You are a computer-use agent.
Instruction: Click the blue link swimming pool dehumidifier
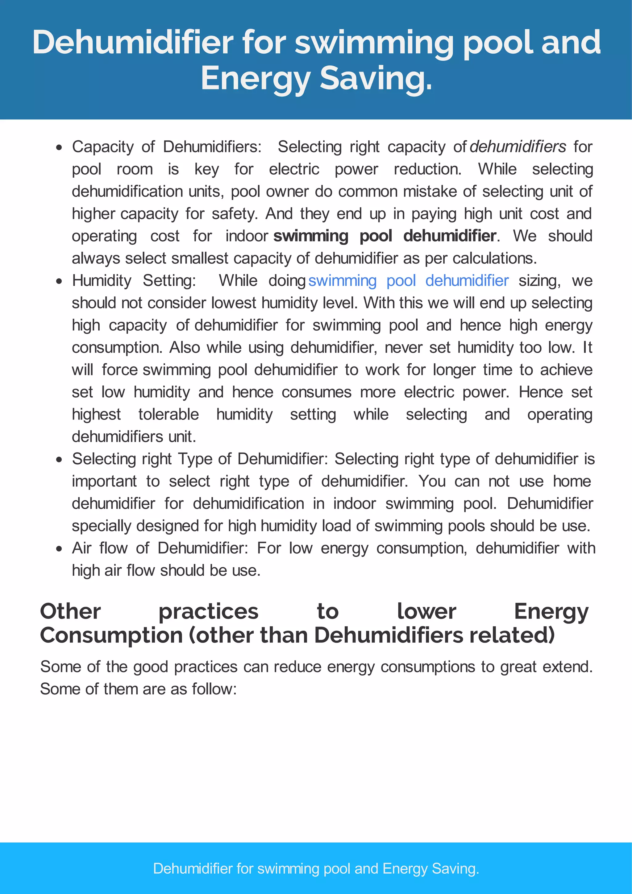tap(408, 281)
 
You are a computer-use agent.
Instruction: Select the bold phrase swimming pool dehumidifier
tap(385, 236)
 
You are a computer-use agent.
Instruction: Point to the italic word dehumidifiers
tap(518, 147)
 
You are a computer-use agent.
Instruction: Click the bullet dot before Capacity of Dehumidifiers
tap(59, 147)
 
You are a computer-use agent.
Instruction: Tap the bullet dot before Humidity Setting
tap(59, 281)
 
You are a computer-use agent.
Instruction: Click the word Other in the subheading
tap(70, 611)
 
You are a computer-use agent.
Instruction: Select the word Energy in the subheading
tap(551, 611)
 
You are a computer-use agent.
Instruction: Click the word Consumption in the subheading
tap(111, 635)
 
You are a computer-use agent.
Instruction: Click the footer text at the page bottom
tap(316, 868)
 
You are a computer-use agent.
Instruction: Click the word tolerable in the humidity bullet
tap(168, 414)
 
